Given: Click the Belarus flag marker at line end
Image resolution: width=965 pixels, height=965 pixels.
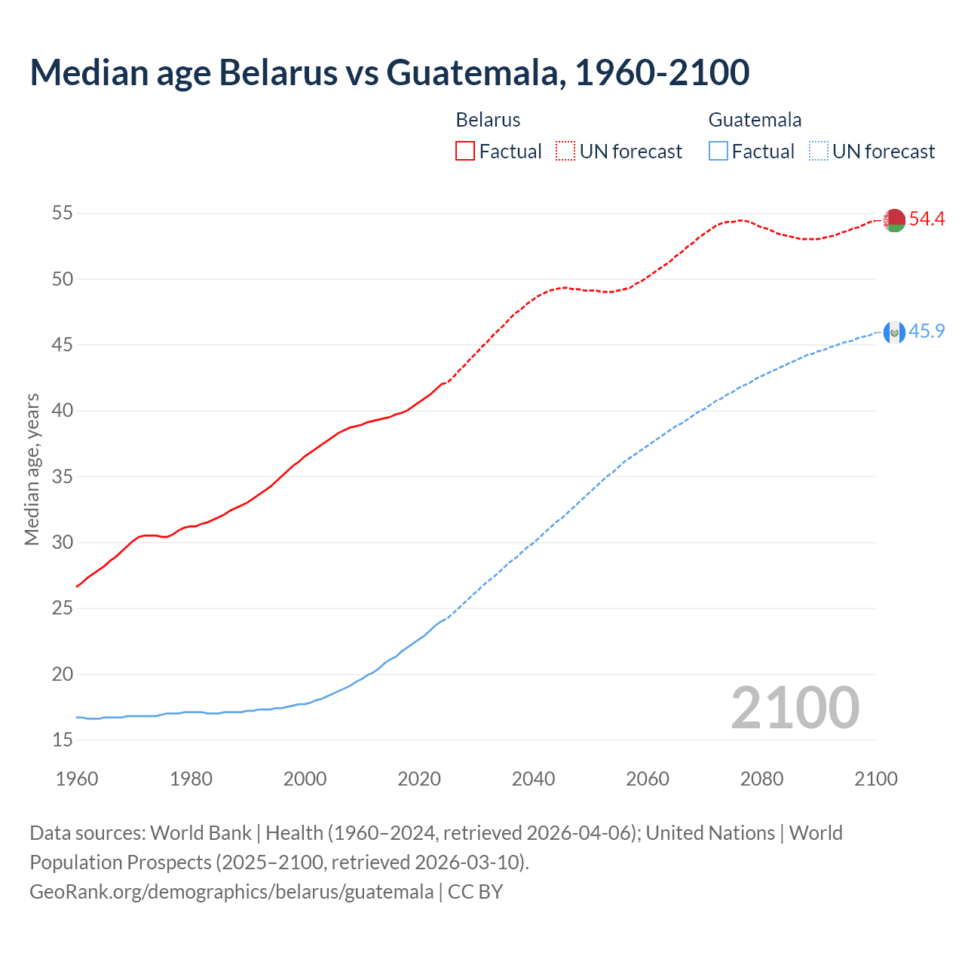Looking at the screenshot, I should click(894, 220).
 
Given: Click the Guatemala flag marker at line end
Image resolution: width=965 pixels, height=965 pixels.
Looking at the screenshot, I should click(894, 332).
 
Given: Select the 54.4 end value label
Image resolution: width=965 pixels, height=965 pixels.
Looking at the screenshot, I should click(927, 219).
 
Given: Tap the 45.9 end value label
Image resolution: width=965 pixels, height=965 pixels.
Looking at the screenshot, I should click(927, 331).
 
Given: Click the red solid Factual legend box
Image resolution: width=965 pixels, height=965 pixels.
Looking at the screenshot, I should click(465, 151).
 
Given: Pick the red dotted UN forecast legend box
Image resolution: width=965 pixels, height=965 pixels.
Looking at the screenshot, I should click(565, 151).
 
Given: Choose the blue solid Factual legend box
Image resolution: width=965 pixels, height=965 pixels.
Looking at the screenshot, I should click(718, 151).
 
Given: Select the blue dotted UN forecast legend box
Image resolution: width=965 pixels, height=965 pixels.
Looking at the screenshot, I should click(818, 151).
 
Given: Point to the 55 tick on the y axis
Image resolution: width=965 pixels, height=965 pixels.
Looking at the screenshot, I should click(63, 213).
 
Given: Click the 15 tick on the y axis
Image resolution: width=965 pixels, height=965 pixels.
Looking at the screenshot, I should click(63, 740).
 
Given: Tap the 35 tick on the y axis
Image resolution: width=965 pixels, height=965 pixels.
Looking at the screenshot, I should click(63, 477).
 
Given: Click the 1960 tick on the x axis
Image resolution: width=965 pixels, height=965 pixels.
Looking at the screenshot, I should click(77, 779).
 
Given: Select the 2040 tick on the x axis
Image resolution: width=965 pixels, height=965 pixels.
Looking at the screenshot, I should click(533, 779).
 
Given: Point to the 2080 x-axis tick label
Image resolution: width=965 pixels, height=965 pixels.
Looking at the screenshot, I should click(761, 779).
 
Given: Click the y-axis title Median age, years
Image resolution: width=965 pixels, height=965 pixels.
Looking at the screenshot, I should click(32, 469).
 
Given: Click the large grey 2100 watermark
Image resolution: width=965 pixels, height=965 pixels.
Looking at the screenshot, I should click(795, 707).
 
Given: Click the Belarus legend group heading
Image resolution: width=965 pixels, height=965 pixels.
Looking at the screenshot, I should click(488, 120).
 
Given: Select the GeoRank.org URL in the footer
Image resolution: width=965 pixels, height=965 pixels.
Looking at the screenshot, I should click(231, 892).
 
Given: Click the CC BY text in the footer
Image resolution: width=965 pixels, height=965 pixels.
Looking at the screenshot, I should click(475, 892).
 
